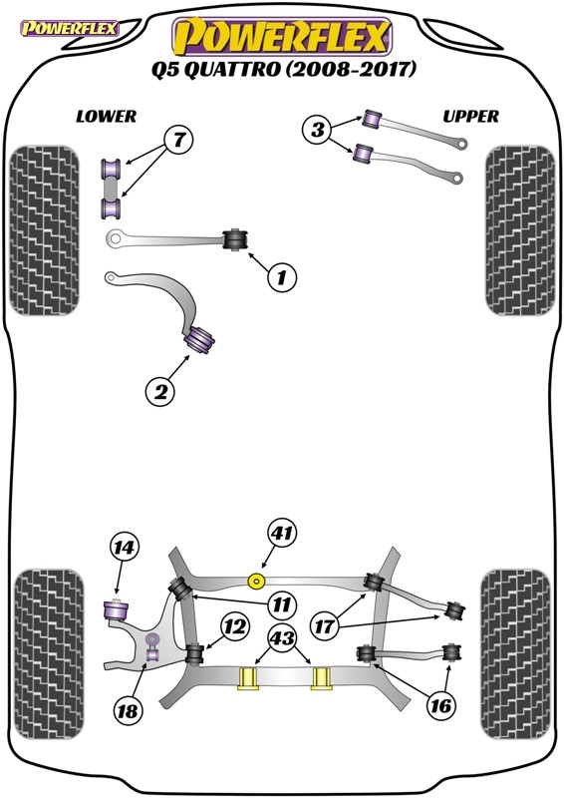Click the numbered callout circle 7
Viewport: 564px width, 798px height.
tap(178, 139)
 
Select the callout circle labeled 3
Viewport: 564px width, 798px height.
tap(317, 129)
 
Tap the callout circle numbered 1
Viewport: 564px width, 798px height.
tap(281, 277)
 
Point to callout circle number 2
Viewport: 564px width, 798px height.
tap(160, 392)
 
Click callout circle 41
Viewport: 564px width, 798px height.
tap(282, 533)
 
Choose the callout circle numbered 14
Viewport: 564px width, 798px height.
tap(124, 547)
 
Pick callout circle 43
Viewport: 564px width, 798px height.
tap(283, 637)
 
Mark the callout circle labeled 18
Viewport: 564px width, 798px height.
tap(128, 710)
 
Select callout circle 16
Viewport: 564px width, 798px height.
tap(440, 705)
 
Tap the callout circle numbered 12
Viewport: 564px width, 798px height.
tap(235, 626)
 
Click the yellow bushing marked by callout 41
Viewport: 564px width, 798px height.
tap(256, 581)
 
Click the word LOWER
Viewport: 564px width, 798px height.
tap(107, 117)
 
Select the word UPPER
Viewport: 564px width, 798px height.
tap(471, 117)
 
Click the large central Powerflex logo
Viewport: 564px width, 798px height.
tap(283, 37)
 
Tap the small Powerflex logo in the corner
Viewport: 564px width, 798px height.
tap(70, 29)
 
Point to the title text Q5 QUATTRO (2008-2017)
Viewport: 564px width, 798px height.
tap(283, 69)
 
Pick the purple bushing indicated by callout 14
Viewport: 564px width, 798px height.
tap(117, 610)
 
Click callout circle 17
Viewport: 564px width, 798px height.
tap(324, 625)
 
